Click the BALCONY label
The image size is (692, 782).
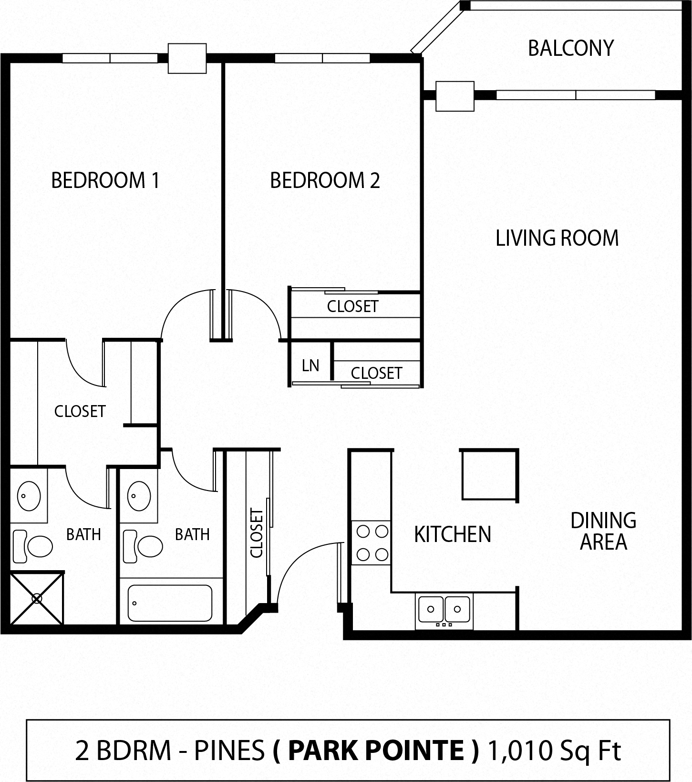coord(570,48)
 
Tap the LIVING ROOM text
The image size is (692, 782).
coord(557,238)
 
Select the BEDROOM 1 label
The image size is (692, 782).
coord(105,180)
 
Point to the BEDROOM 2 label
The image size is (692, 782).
coord(325,180)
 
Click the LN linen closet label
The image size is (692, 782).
coord(310,365)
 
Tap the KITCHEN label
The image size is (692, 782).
coord(452,534)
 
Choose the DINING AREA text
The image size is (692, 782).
coord(603,531)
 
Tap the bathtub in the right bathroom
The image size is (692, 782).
coord(170,603)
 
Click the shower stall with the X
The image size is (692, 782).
coord(37,598)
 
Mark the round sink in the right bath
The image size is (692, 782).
coord(139,495)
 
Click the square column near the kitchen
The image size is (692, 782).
coord(489,474)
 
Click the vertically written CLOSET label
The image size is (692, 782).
coord(257,533)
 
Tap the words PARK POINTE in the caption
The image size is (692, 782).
coord(375,750)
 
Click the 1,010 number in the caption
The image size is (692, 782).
coord(515,750)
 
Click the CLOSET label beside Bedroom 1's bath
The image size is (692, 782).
coord(80,411)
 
